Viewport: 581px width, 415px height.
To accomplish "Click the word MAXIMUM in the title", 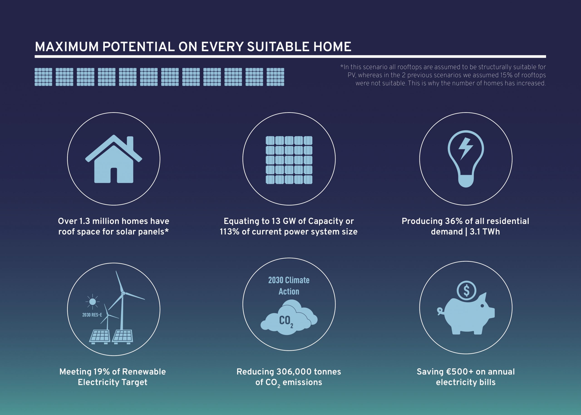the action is (x=67, y=47).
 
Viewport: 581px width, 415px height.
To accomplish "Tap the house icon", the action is (x=114, y=159).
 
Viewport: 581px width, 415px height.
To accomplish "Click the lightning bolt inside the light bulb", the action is (x=466, y=149).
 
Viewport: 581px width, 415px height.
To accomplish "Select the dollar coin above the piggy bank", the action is (x=466, y=290).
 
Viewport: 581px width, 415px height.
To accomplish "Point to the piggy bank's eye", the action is (x=482, y=306).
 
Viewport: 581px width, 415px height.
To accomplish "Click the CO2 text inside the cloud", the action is (x=286, y=321).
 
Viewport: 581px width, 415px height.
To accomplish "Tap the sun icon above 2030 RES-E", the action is (x=92, y=302).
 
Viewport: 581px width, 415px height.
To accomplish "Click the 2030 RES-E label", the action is (x=92, y=315).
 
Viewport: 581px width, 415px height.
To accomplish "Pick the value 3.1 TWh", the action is (x=485, y=231).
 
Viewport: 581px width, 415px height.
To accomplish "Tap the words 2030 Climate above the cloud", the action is (x=289, y=280).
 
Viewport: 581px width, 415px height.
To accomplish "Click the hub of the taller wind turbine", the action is (x=123, y=293).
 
